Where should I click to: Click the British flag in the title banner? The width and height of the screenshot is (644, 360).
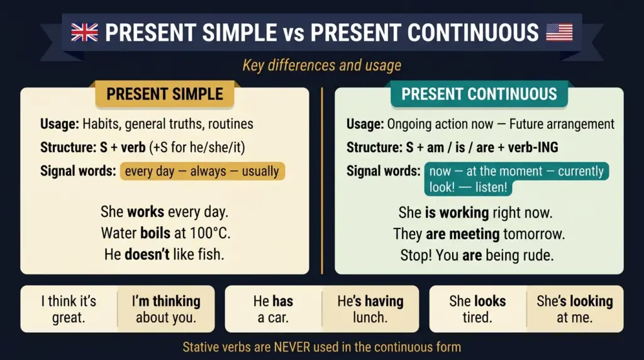tap(84, 32)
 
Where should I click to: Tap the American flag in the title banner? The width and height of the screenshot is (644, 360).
tap(559, 32)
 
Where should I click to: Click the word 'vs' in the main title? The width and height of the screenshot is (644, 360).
tap(294, 32)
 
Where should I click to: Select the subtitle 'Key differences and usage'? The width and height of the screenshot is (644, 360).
tap(321, 65)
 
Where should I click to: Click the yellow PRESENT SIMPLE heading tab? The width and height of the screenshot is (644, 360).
tap(165, 94)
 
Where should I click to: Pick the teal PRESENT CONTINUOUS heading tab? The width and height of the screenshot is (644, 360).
tap(479, 94)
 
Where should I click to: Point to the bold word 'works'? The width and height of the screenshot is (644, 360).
tap(146, 211)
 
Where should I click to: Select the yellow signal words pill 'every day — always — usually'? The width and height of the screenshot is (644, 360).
tap(202, 171)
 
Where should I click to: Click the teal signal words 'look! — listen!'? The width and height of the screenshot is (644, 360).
tap(467, 188)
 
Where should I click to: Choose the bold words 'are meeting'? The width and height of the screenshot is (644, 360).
tap(462, 234)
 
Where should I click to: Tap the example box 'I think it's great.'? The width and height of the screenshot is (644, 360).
tap(69, 309)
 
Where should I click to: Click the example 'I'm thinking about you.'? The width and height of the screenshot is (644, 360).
tap(166, 309)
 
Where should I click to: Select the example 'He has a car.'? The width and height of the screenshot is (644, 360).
tap(273, 309)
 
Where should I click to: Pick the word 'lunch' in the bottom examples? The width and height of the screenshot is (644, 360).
tap(370, 317)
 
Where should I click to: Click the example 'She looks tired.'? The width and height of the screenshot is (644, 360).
tap(477, 309)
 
